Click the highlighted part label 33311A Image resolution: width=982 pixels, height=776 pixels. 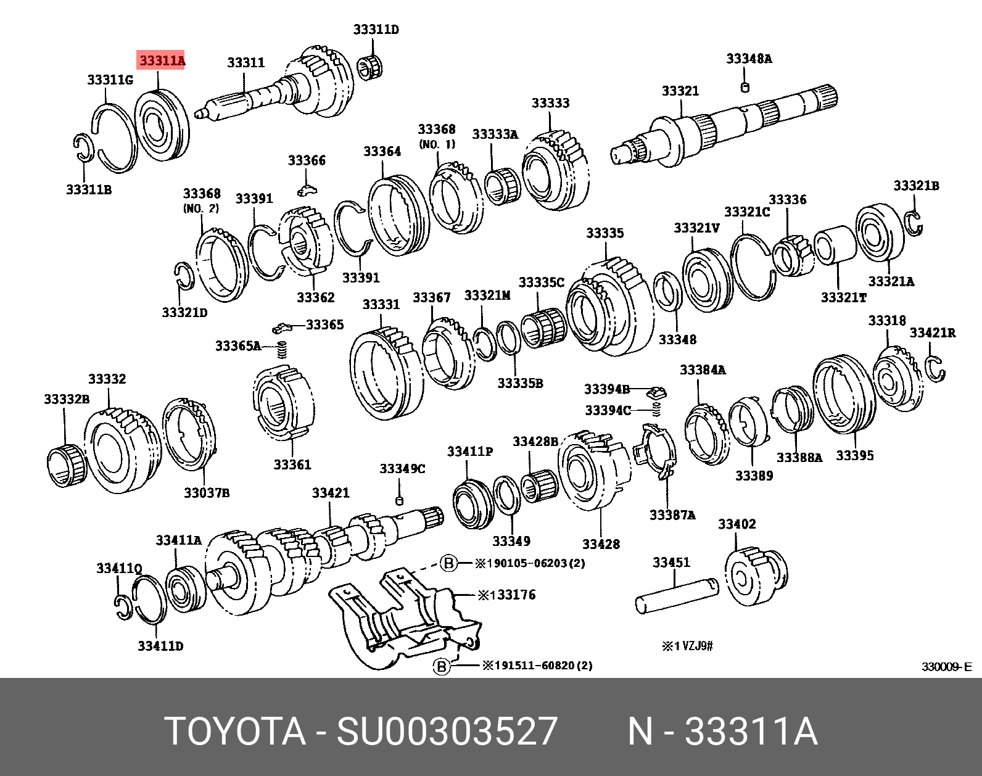[162, 60]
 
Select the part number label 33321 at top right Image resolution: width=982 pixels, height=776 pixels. [680, 91]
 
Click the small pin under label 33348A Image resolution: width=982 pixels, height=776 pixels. [745, 87]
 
